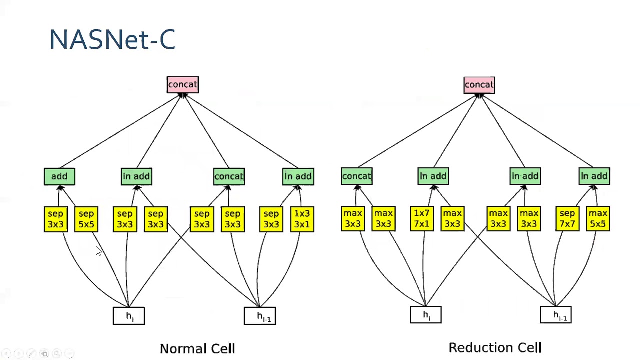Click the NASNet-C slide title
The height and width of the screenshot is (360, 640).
[x=112, y=39]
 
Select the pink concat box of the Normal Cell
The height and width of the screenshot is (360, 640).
[x=183, y=85]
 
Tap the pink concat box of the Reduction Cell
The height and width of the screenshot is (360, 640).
[x=479, y=85]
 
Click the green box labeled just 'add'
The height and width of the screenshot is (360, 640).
[x=59, y=176]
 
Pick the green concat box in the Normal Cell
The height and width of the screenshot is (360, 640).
[x=229, y=176]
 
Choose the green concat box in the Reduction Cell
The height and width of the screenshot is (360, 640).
[x=356, y=176]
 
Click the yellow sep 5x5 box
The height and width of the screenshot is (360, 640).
[x=86, y=219]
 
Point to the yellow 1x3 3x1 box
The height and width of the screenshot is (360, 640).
[x=302, y=219]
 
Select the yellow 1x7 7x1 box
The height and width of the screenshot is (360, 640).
[x=421, y=219]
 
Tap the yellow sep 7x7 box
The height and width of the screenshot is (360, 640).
[x=567, y=219]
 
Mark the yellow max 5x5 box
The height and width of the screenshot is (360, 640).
[x=598, y=219]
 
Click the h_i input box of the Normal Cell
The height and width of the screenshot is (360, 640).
[x=129, y=316]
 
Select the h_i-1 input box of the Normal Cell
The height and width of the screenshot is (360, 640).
[x=260, y=316]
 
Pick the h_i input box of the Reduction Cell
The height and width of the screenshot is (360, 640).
[x=425, y=315]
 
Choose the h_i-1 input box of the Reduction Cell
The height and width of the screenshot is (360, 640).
[x=556, y=315]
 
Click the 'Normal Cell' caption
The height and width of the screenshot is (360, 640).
[x=197, y=349]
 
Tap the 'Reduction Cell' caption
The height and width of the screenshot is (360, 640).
[x=495, y=348]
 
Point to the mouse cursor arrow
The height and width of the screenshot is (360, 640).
[x=98, y=251]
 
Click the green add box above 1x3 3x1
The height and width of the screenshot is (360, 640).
[x=298, y=176]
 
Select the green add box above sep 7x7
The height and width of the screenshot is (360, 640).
[x=594, y=176]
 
